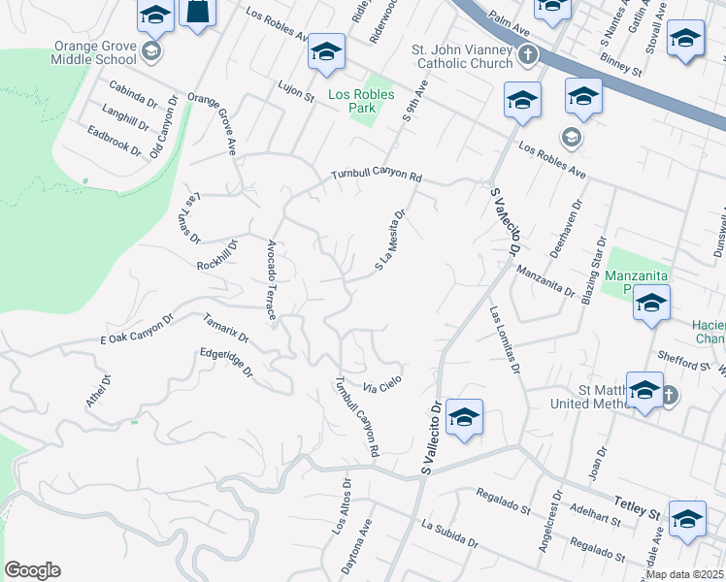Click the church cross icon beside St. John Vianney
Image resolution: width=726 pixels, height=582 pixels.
click(528, 54)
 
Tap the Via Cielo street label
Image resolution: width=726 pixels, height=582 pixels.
click(382, 384)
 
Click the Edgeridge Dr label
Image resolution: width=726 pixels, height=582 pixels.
click(226, 363)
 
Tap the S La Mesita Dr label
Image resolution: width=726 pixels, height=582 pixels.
click(389, 241)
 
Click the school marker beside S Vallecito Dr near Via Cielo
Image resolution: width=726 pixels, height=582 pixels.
click(464, 419)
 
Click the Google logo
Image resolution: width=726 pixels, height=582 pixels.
click(32, 570)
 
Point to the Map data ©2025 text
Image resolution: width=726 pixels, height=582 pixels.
click(684, 574)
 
